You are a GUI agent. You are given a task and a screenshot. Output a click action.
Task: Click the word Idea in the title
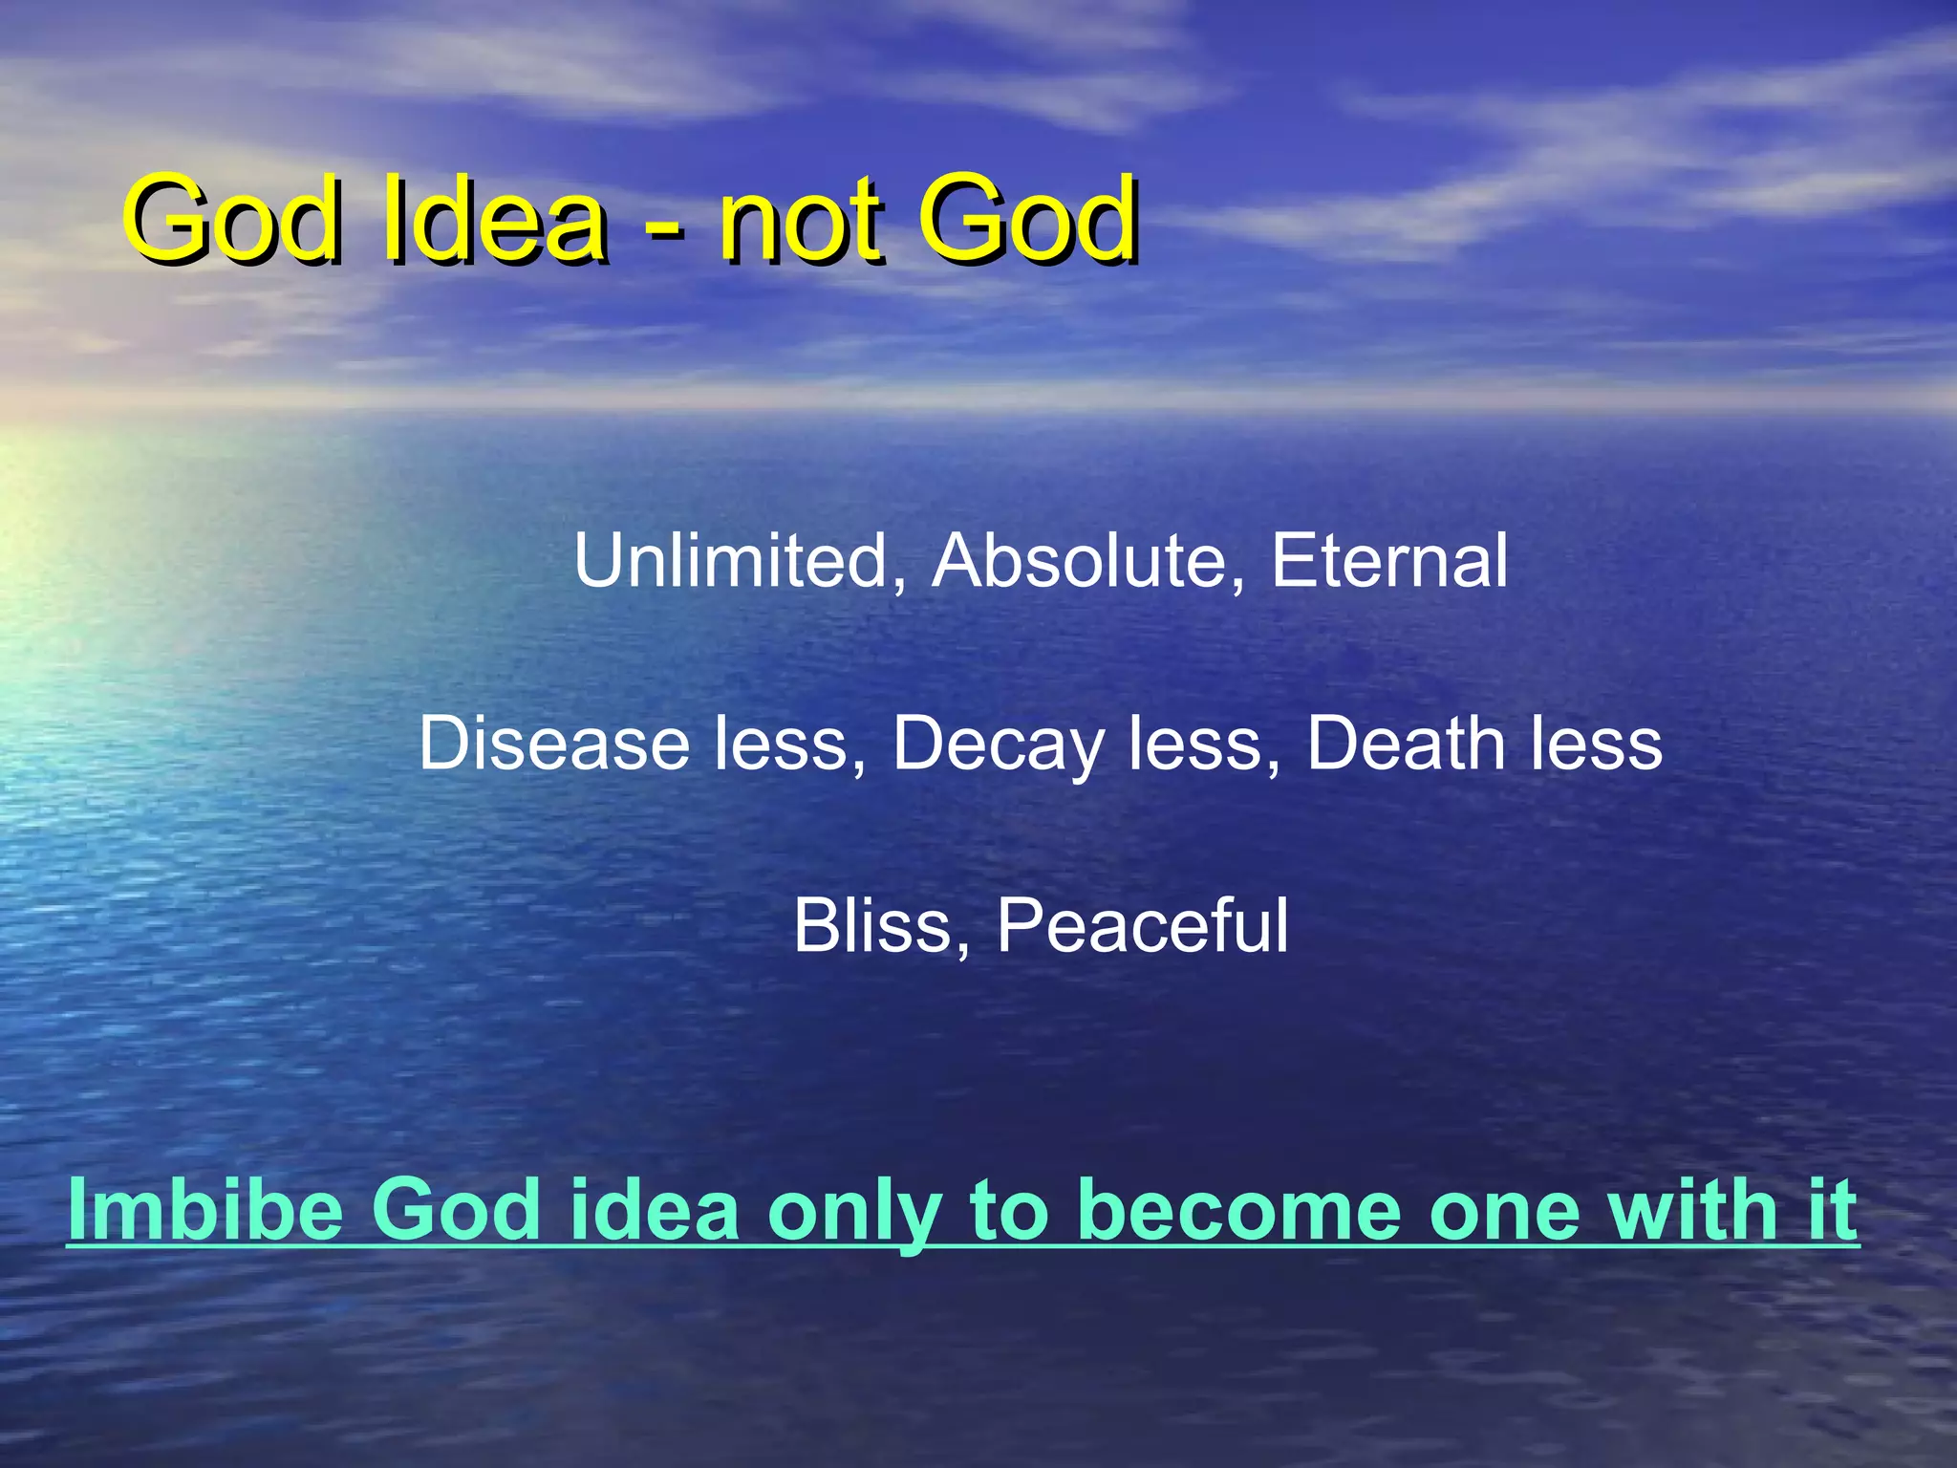point(494,220)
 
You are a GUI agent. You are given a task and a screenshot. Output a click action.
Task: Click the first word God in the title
point(235,220)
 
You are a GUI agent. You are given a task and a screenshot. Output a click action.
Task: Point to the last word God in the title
point(1028,220)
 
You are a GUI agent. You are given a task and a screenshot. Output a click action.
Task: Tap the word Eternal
point(1389,561)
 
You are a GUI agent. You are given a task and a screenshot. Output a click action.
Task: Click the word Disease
point(554,744)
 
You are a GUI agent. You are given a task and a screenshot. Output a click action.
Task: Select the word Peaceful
point(1143,925)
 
